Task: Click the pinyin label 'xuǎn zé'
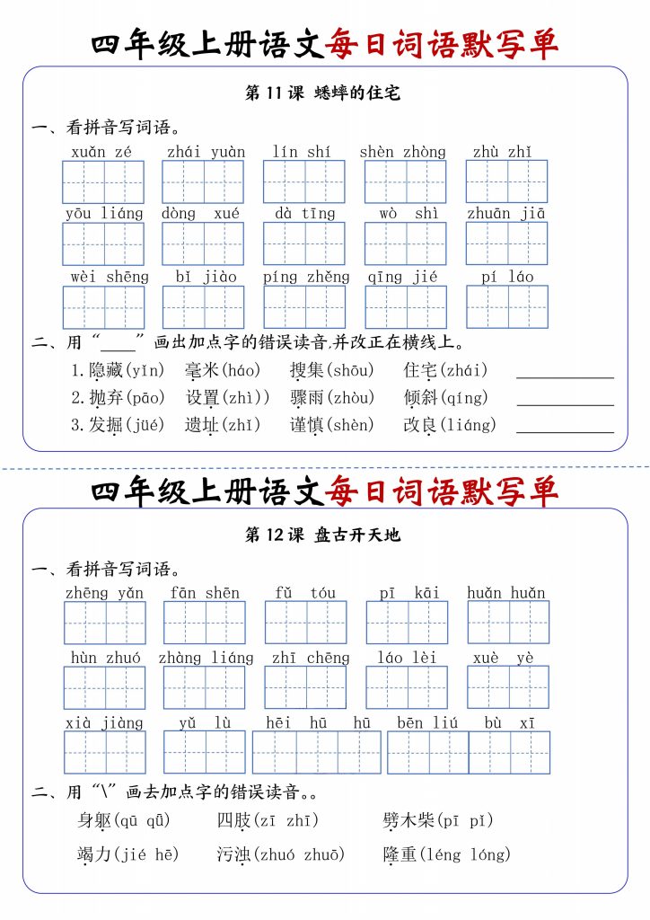click(x=101, y=152)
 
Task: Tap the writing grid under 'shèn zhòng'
click(x=405, y=181)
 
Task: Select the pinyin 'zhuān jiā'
click(x=505, y=214)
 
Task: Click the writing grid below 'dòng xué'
click(x=202, y=243)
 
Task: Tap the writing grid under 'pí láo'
click(x=506, y=306)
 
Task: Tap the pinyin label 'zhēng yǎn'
click(x=104, y=593)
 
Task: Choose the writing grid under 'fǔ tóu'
click(x=305, y=623)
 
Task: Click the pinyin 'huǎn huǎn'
click(x=506, y=593)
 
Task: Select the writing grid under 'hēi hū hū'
click(x=316, y=753)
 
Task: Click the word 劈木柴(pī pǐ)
click(x=437, y=820)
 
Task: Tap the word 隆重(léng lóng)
click(x=446, y=854)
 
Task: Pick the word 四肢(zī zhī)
click(x=268, y=820)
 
